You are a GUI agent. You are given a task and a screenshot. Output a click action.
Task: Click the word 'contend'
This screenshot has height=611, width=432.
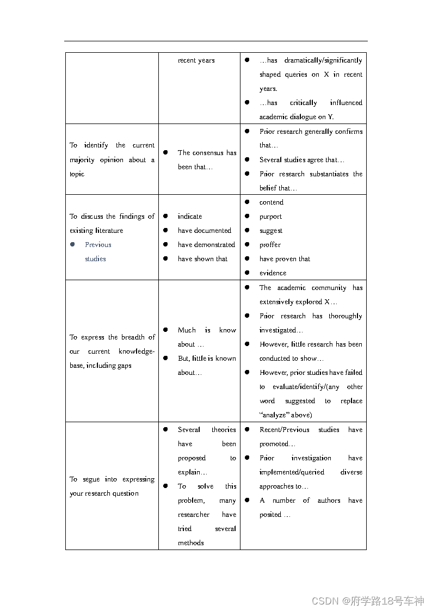click(271, 202)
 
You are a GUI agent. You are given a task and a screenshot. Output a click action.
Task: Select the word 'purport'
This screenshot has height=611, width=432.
click(270, 217)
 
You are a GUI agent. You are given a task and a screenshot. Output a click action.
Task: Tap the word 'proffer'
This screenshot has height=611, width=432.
click(270, 245)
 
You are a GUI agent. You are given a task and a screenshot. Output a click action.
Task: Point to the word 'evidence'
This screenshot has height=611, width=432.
click(273, 273)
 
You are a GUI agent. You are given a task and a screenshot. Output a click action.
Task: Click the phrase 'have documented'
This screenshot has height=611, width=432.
click(204, 231)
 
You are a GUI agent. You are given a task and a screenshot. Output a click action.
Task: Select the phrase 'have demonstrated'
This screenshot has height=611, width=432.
click(206, 245)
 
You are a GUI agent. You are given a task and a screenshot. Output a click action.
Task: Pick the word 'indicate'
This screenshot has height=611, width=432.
click(190, 217)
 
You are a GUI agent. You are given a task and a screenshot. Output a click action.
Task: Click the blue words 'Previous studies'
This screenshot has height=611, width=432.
click(97, 251)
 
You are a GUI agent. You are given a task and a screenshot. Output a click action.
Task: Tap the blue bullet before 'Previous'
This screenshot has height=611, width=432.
click(72, 245)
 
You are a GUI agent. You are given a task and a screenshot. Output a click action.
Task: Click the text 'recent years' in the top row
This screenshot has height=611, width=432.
click(196, 60)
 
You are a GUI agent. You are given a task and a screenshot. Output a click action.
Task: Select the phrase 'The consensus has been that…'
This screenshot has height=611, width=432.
click(207, 160)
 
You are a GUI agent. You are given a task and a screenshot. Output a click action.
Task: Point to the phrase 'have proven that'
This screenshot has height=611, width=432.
click(285, 259)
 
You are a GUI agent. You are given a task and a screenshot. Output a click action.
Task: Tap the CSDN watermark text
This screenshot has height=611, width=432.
click(368, 601)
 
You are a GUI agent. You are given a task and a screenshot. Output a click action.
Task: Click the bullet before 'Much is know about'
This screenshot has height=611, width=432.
click(165, 330)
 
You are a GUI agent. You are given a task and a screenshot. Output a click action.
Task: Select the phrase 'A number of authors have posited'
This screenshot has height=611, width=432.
click(310, 507)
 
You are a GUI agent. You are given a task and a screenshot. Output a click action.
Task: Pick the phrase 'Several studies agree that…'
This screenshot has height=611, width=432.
click(302, 160)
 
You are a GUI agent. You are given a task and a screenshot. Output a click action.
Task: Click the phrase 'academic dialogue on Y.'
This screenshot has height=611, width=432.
click(297, 117)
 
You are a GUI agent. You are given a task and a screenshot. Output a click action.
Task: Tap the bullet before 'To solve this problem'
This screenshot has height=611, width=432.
click(165, 486)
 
